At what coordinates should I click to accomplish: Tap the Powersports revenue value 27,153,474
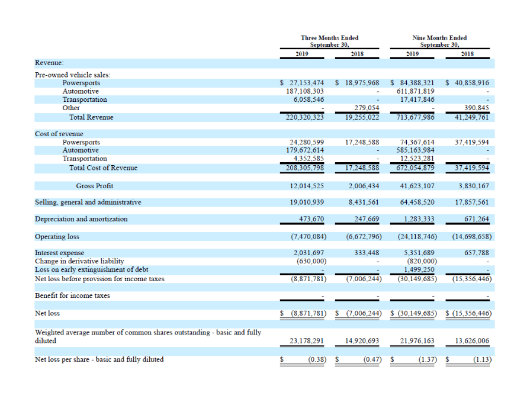pos(307,83)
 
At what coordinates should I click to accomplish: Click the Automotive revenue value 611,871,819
pos(416,91)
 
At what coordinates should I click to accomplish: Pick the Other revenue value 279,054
pos(367,108)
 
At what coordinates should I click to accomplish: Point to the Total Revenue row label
pos(91,117)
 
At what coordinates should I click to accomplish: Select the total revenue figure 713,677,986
pos(416,117)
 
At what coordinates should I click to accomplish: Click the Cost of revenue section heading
pos(59,134)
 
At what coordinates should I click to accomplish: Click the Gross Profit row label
pos(94,186)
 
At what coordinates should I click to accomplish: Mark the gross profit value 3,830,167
pos(474,186)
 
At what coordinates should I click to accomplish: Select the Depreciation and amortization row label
pos(81,219)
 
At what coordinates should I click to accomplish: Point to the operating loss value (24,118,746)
pos(417,236)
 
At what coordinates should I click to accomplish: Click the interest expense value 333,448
pos(367,252)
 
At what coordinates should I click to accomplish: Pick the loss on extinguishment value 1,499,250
pos(419,269)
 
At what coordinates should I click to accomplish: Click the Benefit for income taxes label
pos(72,295)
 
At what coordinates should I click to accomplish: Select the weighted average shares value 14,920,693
pos(362,340)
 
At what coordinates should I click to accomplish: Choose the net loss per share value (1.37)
pos(428,359)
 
